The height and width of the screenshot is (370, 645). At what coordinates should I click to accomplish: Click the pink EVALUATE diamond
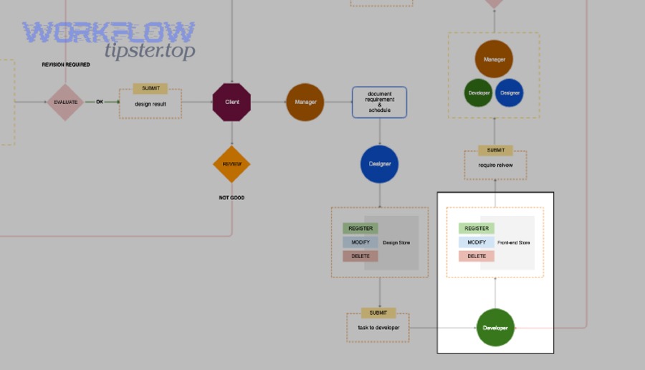pos(65,102)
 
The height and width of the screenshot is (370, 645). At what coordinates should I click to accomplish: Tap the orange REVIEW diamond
pos(231,163)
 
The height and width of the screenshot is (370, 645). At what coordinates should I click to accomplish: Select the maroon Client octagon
pos(231,102)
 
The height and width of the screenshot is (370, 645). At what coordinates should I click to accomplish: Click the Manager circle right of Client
pos(305,102)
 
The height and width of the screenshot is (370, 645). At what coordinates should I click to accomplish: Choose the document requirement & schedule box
pos(379,102)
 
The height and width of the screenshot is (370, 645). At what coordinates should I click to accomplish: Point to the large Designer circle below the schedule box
pos(379,163)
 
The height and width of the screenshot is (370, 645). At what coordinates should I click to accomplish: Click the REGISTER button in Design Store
pos(360,228)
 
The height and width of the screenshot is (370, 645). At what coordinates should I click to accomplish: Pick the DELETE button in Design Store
pos(360,256)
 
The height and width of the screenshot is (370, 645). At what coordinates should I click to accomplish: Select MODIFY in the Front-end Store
pos(477,242)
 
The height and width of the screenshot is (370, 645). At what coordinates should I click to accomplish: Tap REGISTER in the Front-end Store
pos(477,228)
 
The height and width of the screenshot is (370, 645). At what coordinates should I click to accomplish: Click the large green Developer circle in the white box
pos(495,328)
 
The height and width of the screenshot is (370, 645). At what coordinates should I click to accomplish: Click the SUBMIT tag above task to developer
pos(378,313)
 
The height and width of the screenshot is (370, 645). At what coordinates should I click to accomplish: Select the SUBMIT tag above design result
pos(150,88)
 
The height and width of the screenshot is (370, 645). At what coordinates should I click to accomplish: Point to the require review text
pos(495,165)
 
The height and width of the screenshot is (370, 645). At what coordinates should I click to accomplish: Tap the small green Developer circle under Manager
pos(478,92)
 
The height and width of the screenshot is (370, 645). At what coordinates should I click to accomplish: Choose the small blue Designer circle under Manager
pos(510,92)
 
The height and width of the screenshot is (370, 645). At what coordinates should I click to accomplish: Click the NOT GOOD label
pos(231,197)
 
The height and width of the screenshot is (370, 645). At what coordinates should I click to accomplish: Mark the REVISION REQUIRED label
pos(66,65)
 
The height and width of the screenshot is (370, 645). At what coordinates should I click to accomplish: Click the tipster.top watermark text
pos(150,51)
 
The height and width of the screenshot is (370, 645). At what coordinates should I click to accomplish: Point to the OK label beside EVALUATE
pos(100,102)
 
